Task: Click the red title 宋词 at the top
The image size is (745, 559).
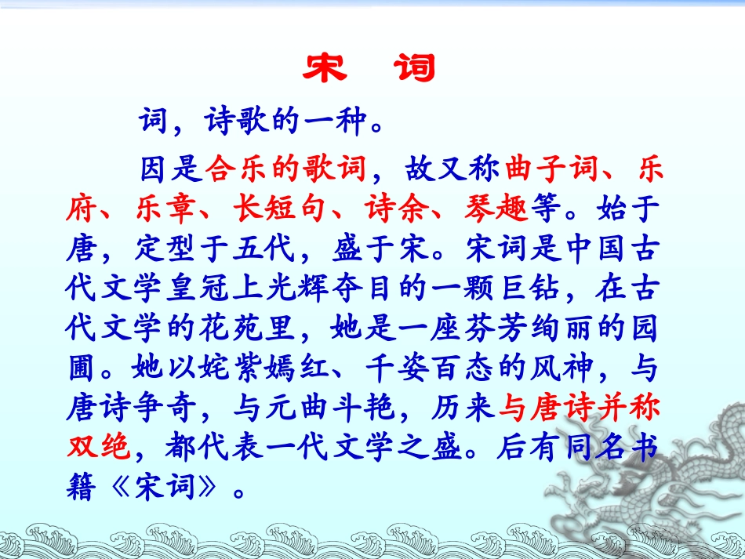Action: tap(368, 69)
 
